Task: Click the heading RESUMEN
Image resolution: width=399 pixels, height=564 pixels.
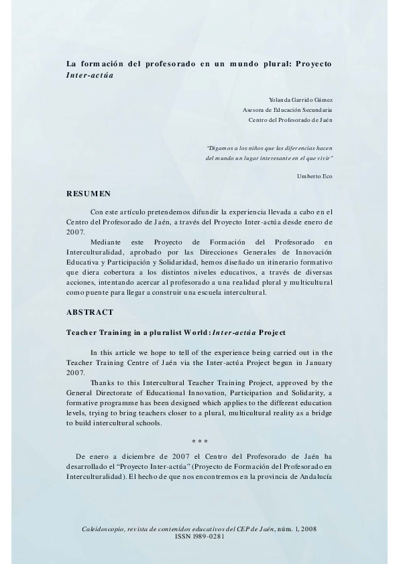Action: [x=89, y=194]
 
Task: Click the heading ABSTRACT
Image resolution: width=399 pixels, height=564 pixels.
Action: [x=90, y=312]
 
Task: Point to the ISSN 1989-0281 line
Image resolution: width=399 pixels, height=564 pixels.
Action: [x=199, y=536]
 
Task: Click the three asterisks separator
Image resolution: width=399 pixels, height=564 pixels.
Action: [x=199, y=441]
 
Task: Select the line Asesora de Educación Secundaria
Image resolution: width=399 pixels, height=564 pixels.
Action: [x=287, y=110]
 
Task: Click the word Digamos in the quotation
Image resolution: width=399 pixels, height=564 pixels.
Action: [x=221, y=147]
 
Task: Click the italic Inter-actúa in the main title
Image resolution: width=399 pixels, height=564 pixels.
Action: [x=89, y=75]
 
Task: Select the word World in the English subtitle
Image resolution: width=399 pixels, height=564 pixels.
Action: [x=194, y=332]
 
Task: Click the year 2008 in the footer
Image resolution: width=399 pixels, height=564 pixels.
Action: [x=309, y=528]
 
